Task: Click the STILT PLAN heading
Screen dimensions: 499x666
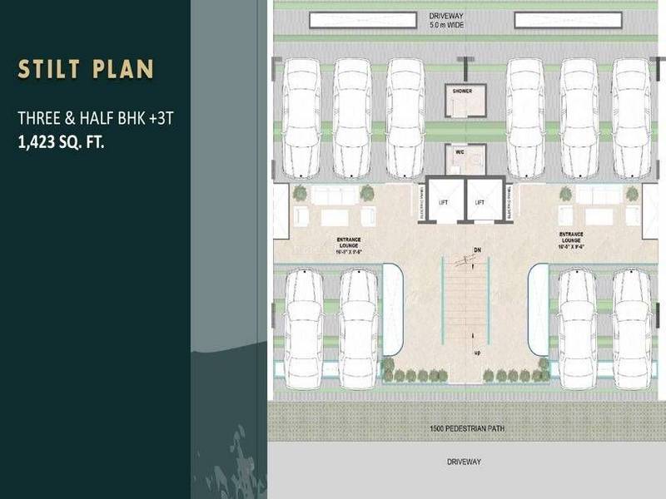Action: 85,69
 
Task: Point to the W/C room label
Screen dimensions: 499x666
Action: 459,153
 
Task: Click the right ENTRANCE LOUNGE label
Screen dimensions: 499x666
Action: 571,239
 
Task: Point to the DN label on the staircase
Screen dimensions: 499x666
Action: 476,249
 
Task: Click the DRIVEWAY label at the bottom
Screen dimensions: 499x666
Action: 464,461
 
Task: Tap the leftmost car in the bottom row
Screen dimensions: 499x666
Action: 304,327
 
